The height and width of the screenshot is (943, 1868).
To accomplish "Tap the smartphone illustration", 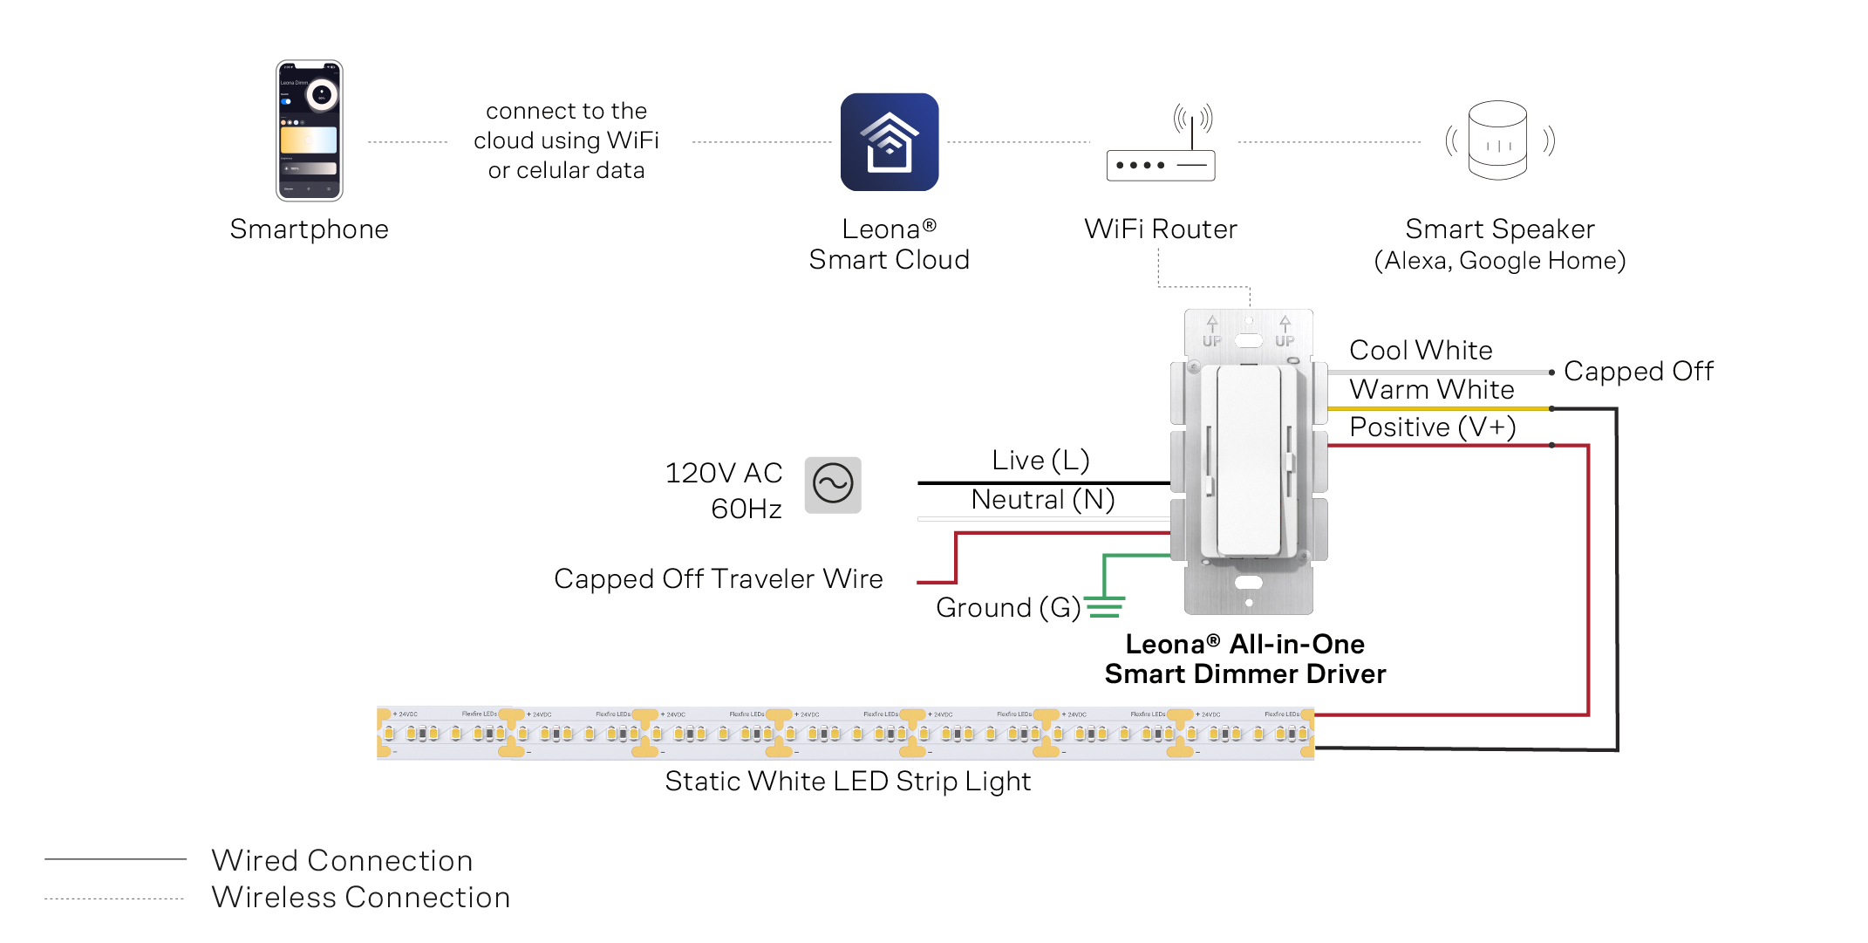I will click(309, 130).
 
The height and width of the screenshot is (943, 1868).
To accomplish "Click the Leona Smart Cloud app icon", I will click(889, 142).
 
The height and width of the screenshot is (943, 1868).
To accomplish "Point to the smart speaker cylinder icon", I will click(1497, 140).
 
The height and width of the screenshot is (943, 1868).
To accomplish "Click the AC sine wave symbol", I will click(833, 484).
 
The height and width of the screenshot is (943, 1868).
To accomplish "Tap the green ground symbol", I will click(1104, 606).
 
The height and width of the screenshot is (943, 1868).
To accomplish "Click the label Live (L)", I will click(1040, 460).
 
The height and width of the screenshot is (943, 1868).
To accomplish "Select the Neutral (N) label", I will click(1042, 499).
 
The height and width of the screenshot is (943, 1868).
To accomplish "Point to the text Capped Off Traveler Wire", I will click(718, 578).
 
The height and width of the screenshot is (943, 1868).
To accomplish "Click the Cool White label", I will click(1421, 350).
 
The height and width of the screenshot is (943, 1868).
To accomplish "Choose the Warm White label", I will click(1431, 389).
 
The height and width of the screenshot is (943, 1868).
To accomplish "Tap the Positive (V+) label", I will click(1432, 427).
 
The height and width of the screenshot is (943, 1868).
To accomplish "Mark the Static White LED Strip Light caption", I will click(847, 781).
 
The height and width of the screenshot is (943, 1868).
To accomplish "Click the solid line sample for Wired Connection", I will click(115, 859).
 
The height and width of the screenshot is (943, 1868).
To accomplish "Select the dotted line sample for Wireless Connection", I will click(115, 898).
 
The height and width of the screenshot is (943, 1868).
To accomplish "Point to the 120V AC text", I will click(723, 473).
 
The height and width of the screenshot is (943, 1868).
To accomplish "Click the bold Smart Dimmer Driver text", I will click(1244, 673).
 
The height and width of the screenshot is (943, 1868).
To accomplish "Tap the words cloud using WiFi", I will click(566, 140).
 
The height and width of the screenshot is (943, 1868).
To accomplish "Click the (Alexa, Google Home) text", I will click(1499, 260).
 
